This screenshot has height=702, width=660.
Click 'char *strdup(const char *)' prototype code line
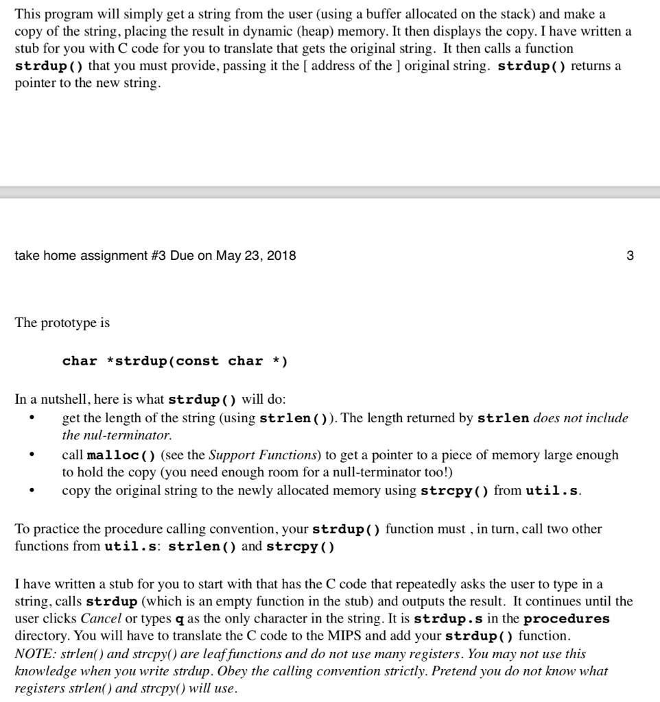click(x=174, y=361)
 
